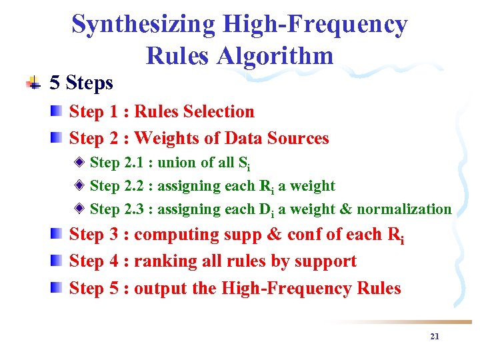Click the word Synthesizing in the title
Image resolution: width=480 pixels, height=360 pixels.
click(143, 25)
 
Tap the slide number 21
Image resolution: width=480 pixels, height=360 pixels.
click(435, 337)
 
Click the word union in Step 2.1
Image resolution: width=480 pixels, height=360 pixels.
click(178, 162)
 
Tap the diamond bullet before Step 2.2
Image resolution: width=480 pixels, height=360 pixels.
click(79, 185)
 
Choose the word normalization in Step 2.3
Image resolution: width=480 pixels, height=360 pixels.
click(404, 209)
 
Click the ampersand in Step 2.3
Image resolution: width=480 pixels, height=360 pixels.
click(345, 209)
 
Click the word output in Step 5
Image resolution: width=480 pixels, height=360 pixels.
click(157, 288)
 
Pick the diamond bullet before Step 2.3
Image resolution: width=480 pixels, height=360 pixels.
click(79, 208)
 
